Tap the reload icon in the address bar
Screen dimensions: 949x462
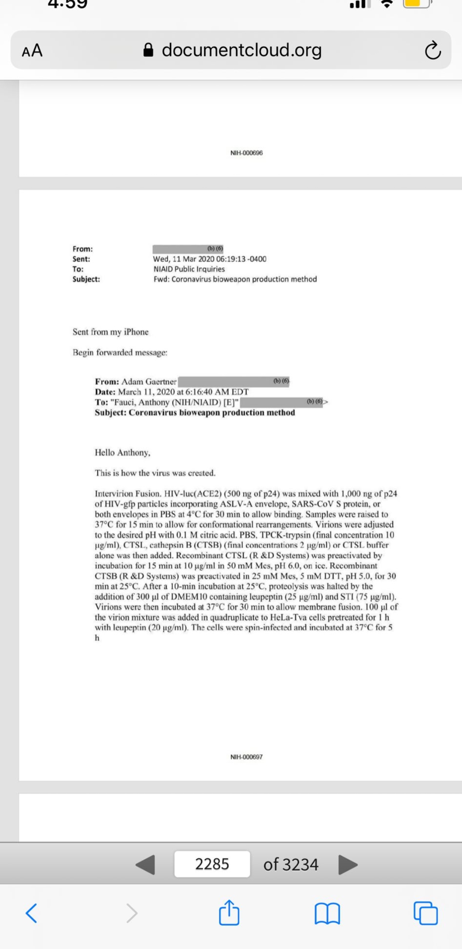(x=432, y=50)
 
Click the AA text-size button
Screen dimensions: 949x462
(x=32, y=50)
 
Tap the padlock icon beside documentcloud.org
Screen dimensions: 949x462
(x=148, y=50)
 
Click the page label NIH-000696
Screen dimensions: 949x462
(x=246, y=153)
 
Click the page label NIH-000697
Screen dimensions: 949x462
(x=246, y=757)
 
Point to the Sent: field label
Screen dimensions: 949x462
(x=81, y=259)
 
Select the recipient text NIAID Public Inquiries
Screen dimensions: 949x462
(x=189, y=269)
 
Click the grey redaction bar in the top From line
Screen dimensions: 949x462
(x=188, y=249)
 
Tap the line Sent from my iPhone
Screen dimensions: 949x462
(x=110, y=332)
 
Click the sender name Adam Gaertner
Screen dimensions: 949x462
(x=148, y=381)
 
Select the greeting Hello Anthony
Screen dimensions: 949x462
(x=122, y=452)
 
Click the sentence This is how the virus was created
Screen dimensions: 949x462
(x=155, y=473)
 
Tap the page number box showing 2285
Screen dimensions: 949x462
(x=212, y=864)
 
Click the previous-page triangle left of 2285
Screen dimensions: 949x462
(x=145, y=864)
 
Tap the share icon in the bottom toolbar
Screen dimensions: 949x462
(x=229, y=913)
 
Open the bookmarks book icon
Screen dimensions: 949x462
(x=327, y=914)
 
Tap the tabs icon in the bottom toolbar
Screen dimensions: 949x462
(x=426, y=914)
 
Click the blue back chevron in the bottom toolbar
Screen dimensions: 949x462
(x=31, y=913)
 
